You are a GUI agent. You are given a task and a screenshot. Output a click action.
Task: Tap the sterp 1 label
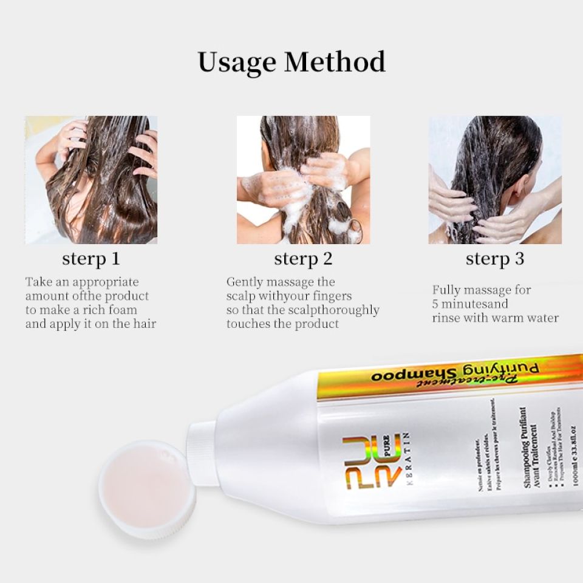click(x=91, y=259)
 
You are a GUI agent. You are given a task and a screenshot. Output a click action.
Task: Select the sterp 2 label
click(x=303, y=259)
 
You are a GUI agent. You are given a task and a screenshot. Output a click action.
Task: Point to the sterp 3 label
click(x=495, y=259)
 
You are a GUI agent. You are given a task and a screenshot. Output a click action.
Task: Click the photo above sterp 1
click(x=91, y=180)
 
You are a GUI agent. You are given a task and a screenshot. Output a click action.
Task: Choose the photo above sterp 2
click(x=303, y=180)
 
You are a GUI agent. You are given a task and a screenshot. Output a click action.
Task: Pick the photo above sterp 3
click(x=495, y=180)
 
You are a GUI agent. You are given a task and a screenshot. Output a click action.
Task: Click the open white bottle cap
click(x=146, y=489)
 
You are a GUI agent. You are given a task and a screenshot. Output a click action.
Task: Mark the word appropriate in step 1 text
click(x=106, y=282)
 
